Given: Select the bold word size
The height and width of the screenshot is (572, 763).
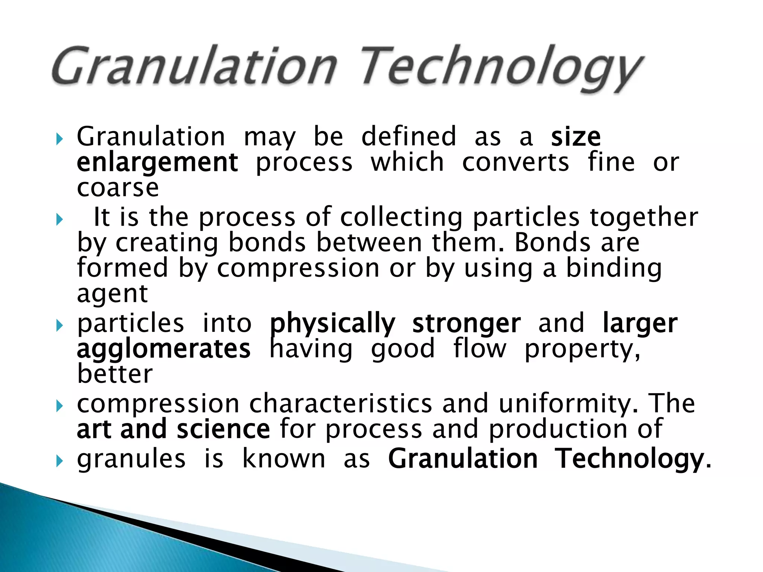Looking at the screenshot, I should click(576, 137).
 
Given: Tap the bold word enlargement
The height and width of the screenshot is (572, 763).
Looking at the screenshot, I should click(157, 163).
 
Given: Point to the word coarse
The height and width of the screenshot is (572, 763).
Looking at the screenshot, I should click(118, 188).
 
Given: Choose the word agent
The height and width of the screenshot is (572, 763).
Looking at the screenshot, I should click(112, 294).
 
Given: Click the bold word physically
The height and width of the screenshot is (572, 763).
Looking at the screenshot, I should click(332, 323).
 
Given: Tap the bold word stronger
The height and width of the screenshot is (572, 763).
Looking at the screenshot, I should click(466, 323).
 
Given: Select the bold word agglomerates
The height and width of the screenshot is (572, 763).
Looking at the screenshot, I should click(164, 349).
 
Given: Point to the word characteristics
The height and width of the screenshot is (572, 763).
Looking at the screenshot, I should click(341, 404).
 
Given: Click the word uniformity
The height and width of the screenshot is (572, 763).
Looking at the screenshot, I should click(568, 404).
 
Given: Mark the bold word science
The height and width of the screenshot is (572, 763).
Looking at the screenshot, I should click(223, 429).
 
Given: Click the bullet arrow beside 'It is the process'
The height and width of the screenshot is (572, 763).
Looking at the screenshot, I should click(59, 220).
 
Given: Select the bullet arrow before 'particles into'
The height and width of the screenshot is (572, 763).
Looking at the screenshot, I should click(59, 326).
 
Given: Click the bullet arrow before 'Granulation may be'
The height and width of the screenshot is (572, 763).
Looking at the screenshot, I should click(59, 140).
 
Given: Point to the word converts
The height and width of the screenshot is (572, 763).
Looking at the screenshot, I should click(516, 163).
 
